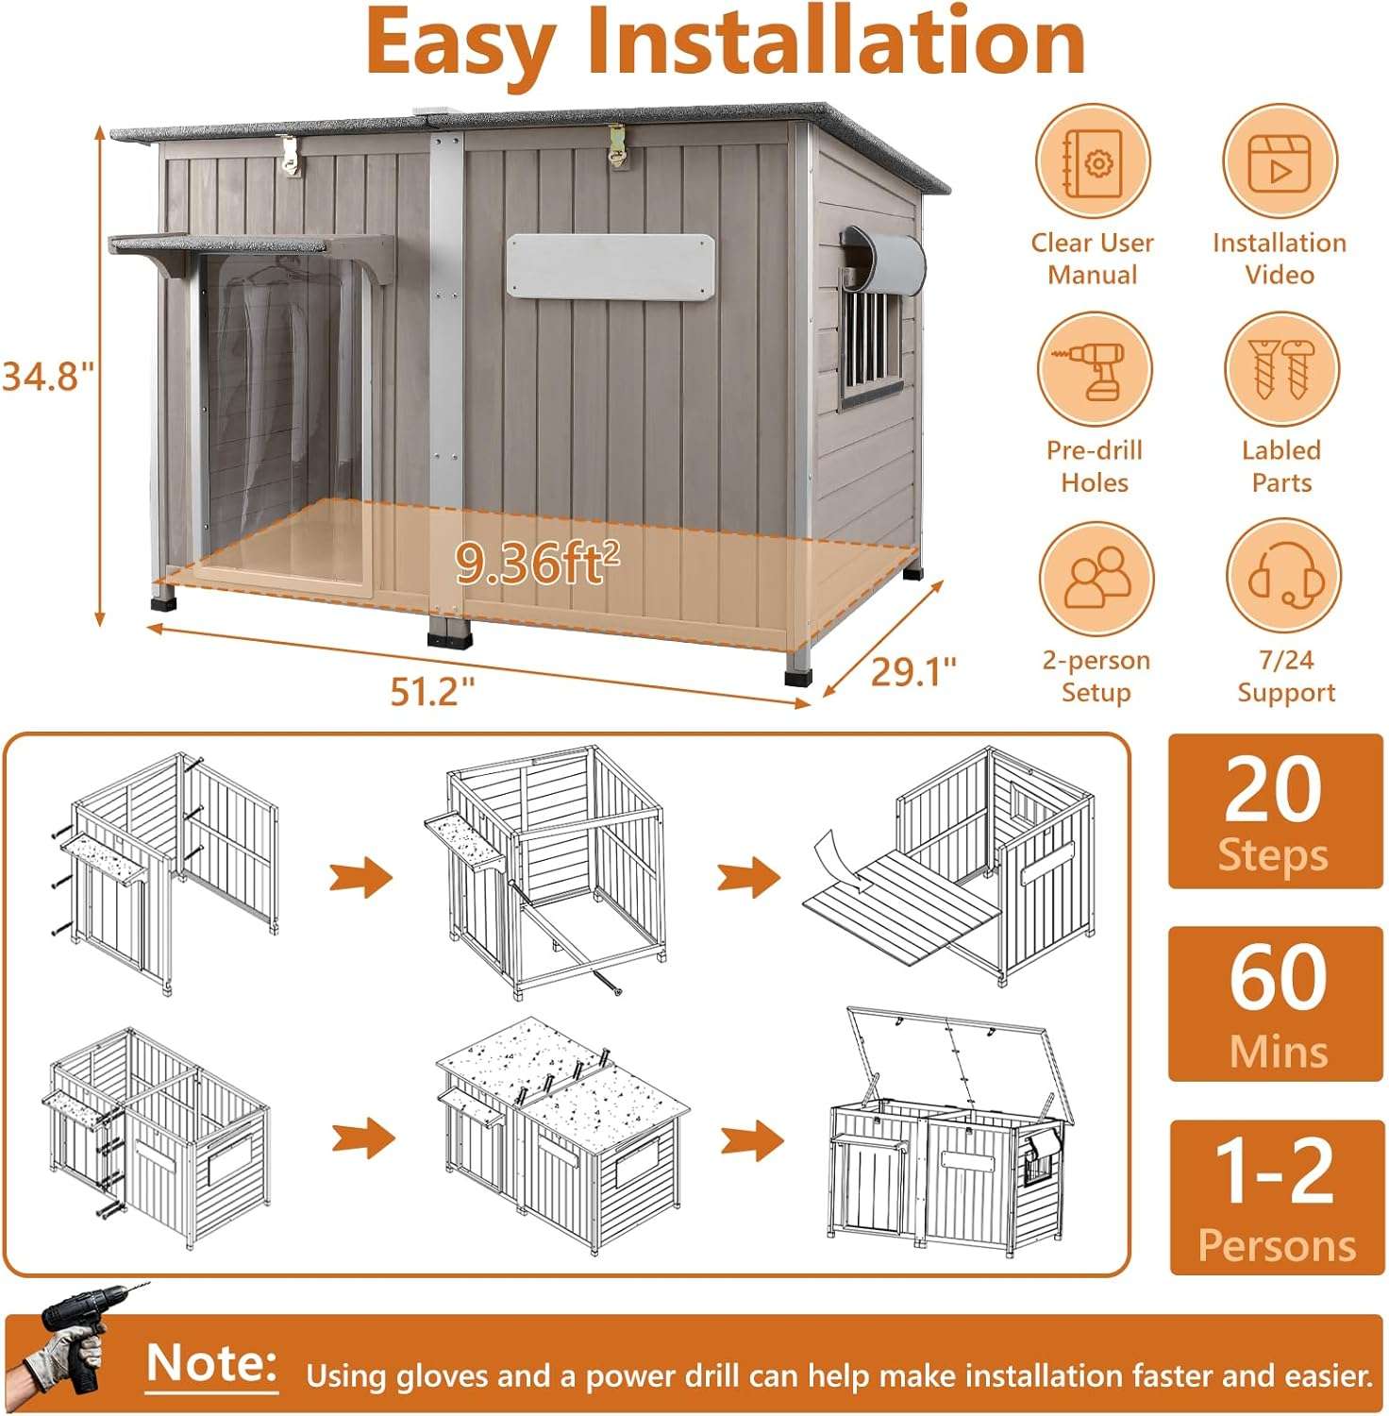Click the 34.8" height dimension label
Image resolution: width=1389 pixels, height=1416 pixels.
(x=49, y=376)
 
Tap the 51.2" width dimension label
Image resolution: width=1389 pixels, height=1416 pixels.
(x=432, y=692)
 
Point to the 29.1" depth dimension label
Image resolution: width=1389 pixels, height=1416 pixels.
(x=913, y=672)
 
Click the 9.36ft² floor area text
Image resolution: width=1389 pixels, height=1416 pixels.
(x=538, y=563)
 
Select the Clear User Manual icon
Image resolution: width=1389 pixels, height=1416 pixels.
(x=1093, y=162)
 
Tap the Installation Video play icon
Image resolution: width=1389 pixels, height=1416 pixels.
(x=1280, y=162)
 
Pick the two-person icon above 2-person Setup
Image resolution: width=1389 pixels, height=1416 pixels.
(x=1096, y=578)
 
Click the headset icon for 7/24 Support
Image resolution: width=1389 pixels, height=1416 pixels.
(x=1284, y=578)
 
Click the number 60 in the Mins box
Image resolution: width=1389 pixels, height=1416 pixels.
(x=1278, y=978)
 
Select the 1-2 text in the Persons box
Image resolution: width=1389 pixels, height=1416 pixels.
(x=1274, y=1171)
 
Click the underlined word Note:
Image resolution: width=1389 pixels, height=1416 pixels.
(x=212, y=1365)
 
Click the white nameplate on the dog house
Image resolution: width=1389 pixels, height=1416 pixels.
(x=611, y=267)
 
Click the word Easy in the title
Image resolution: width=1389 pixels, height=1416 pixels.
(x=458, y=43)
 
